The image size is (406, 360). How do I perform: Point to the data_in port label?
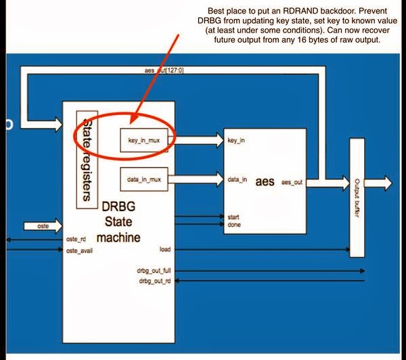point(236,179)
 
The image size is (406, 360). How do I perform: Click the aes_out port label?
point(293,182)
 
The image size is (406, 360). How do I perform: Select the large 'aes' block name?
point(265,181)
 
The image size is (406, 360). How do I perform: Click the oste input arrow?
point(41,225)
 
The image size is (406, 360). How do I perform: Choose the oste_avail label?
point(78,250)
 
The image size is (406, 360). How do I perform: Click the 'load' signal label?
point(164,250)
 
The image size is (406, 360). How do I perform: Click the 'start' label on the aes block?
point(233,217)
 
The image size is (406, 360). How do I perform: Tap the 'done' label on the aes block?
point(233,225)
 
